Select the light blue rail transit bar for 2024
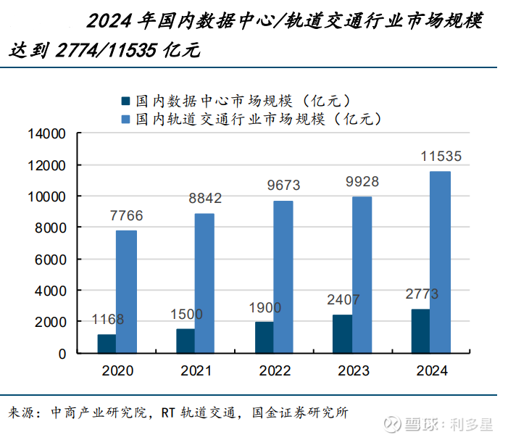pyautogui.click(x=440, y=262)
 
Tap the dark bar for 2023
pyautogui.click(x=342, y=333)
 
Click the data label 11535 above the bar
pyautogui.click(x=441, y=157)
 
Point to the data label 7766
pyautogui.click(x=126, y=215)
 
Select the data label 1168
pyautogui.click(x=107, y=320)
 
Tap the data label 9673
pyautogui.click(x=283, y=186)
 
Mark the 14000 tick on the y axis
pyautogui.click(x=46, y=134)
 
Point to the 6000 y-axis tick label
pyautogui.click(x=50, y=259)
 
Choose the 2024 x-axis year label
pyautogui.click(x=432, y=371)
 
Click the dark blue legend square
pyautogui.click(x=126, y=101)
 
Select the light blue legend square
pyautogui.click(x=126, y=118)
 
